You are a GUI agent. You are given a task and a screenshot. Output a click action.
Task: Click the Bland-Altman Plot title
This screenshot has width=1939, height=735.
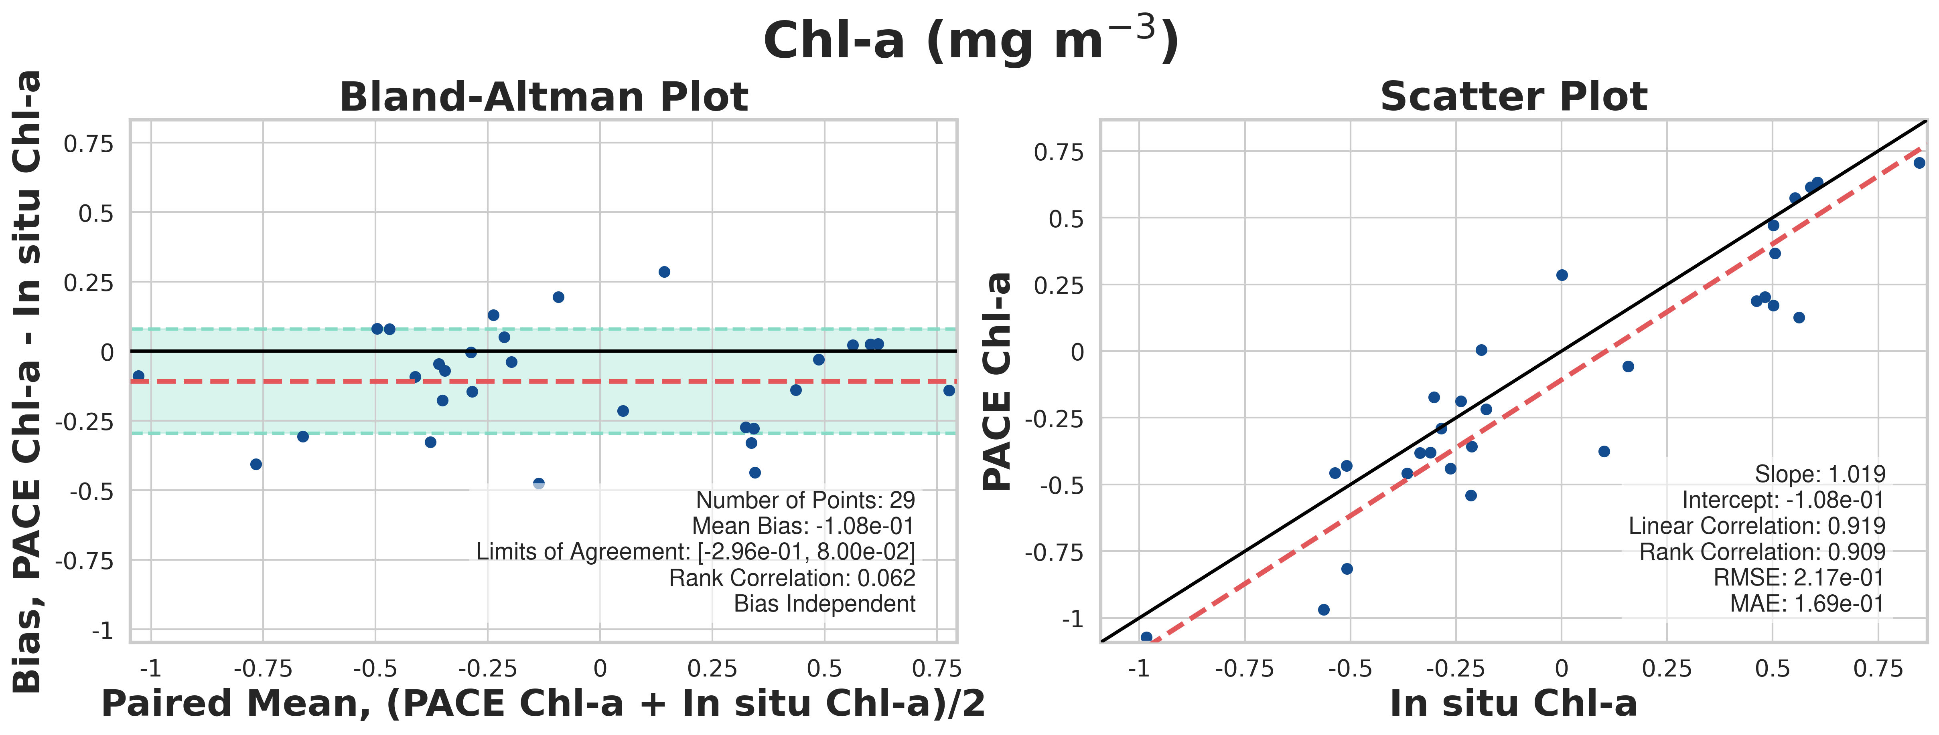tap(544, 97)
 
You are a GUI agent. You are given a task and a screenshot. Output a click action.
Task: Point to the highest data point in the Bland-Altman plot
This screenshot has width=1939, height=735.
tap(664, 272)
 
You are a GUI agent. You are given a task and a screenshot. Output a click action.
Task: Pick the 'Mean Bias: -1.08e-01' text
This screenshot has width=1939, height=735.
tap(802, 526)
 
